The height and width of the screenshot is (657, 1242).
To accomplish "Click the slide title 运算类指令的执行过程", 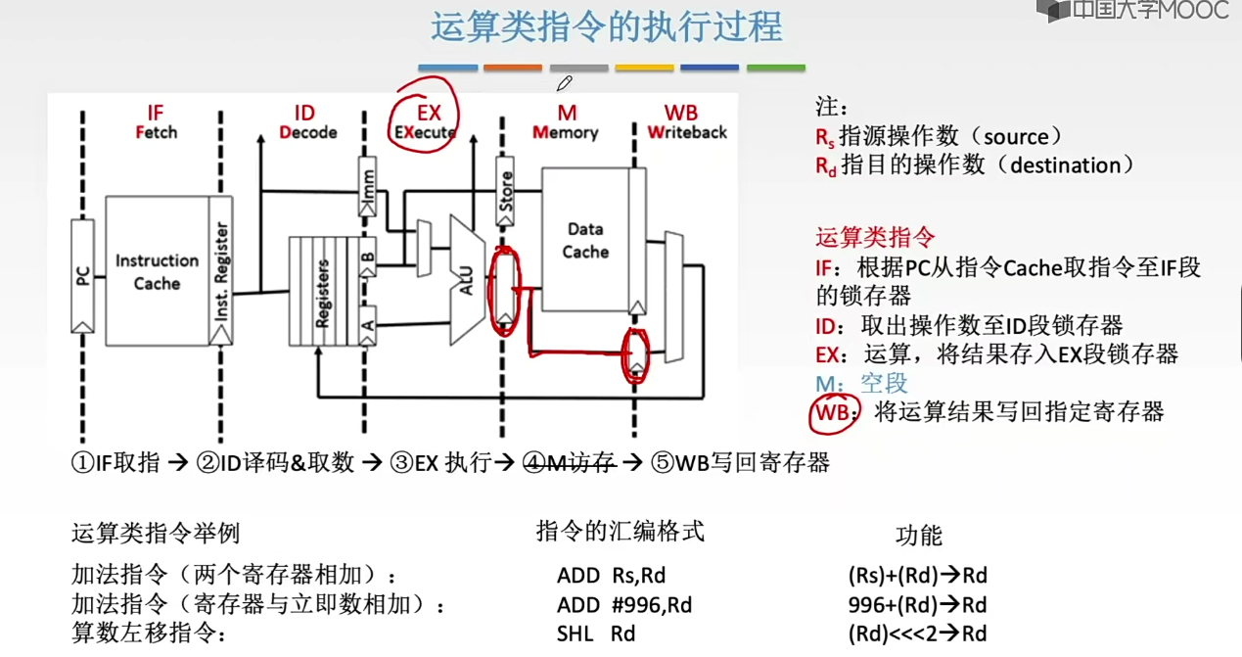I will click(x=607, y=26).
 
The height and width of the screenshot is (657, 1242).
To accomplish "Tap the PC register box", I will click(x=83, y=276).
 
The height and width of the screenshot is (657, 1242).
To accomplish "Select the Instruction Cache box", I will click(x=157, y=271).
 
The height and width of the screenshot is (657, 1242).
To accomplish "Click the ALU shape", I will click(x=468, y=280).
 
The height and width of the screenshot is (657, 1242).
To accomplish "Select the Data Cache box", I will click(x=585, y=240).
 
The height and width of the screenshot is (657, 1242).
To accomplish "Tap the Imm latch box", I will click(x=368, y=185).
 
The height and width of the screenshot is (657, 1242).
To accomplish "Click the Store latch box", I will click(x=505, y=191).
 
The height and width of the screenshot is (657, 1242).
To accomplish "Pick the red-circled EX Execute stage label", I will click(x=426, y=122).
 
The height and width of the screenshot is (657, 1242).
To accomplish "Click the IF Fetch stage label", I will click(x=156, y=122).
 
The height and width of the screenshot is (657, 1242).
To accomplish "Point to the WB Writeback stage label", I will click(x=686, y=122).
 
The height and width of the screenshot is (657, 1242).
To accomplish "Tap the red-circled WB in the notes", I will click(x=833, y=412).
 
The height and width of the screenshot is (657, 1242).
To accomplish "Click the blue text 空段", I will click(x=884, y=383).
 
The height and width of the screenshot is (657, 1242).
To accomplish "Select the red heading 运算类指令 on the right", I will click(x=875, y=237).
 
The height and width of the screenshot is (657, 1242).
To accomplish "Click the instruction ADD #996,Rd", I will click(x=623, y=606).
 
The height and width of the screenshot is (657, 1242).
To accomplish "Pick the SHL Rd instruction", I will click(x=596, y=634).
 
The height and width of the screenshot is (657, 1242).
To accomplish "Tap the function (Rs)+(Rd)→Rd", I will click(x=917, y=576).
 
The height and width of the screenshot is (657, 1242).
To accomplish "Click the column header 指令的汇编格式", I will click(x=621, y=532).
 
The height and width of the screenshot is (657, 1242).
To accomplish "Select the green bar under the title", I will click(x=775, y=69).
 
